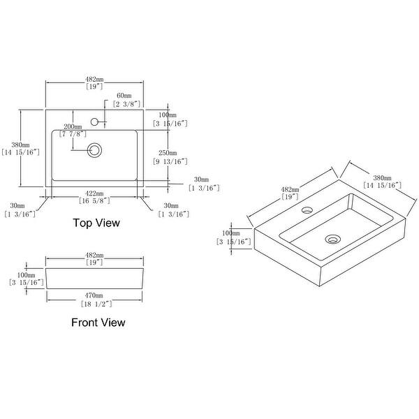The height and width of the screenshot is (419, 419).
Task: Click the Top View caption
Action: point(96,223)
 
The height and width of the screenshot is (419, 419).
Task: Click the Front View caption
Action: point(98,323)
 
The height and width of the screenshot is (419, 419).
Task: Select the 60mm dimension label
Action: point(124,95)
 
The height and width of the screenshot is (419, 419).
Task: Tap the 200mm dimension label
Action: point(73,127)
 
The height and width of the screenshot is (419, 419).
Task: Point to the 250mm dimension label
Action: point(168,153)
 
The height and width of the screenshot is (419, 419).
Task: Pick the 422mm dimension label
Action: point(94,193)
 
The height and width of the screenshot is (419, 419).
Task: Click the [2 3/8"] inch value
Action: point(124,104)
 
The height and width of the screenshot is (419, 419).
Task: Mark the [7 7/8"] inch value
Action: point(73,134)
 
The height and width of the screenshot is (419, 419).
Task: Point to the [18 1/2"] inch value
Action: point(96,304)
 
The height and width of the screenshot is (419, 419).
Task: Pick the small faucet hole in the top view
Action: point(102,122)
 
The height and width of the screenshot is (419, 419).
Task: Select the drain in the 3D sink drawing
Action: point(332,240)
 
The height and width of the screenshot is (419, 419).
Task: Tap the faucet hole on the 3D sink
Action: point(305,209)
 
